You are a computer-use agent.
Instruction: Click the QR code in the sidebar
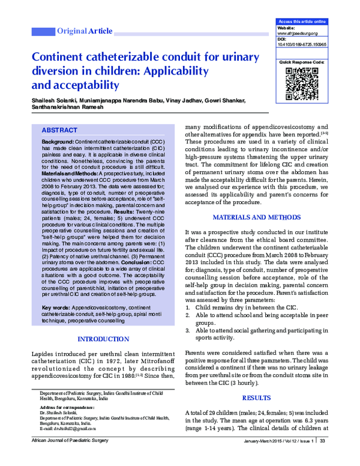click(x=302, y=83)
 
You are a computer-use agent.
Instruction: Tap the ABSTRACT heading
click(x=59, y=130)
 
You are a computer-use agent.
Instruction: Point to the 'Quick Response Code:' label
click(x=301, y=62)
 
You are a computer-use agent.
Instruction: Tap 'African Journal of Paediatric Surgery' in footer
click(x=65, y=458)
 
